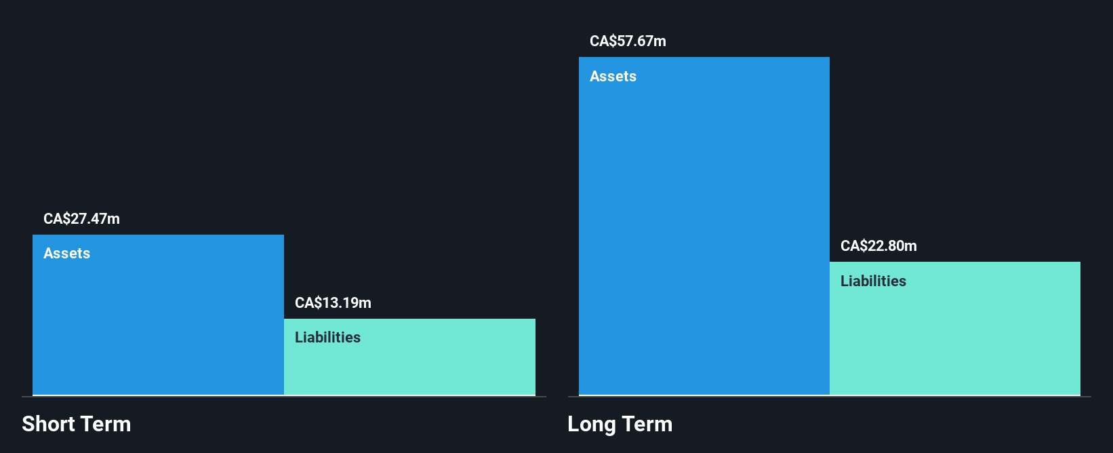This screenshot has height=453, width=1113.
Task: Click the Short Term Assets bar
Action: tap(158, 319)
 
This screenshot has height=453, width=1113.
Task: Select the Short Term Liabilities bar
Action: tap(409, 363)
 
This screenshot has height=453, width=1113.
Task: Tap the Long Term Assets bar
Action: tap(704, 231)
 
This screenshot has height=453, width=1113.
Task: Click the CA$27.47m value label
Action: tap(81, 219)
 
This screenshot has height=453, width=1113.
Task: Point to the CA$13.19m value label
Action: tap(333, 303)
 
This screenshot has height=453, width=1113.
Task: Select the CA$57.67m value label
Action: tap(628, 41)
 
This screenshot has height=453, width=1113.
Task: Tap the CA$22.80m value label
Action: tap(878, 246)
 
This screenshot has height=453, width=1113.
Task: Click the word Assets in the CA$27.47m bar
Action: tap(66, 254)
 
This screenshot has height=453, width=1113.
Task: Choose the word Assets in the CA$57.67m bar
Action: tap(613, 77)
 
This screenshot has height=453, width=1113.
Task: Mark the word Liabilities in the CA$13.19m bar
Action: tap(327, 338)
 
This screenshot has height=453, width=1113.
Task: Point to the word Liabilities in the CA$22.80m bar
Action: tap(873, 281)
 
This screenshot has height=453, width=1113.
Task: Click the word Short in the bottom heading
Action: tap(48, 425)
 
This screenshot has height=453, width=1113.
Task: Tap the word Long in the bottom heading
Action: tap(591, 425)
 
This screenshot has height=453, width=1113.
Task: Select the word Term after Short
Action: tap(106, 425)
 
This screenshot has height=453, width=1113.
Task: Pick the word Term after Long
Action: tap(647, 425)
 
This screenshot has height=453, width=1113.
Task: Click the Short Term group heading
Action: tap(77, 425)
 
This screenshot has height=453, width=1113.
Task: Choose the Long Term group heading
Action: tap(620, 425)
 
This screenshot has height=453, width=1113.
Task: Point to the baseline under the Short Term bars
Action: tap(284, 397)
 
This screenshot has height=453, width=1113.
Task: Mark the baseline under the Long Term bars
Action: tap(829, 397)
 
